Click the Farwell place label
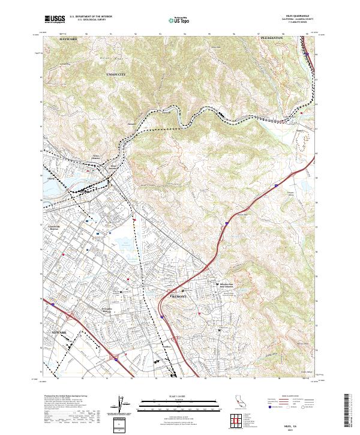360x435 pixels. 167,112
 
